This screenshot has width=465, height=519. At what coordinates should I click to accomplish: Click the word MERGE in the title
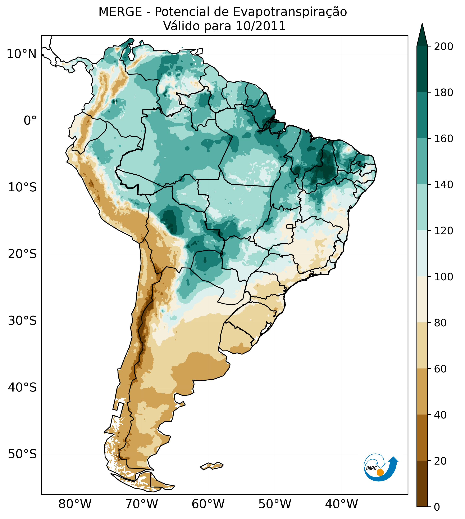pos(120,12)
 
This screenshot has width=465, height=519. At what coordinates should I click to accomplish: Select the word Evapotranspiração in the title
pos(290,12)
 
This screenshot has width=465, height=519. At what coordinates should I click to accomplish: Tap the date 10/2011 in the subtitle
pos(260,26)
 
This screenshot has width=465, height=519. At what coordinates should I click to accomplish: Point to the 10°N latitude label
pos(22,54)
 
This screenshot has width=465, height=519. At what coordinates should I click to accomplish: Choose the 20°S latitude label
pos(22,254)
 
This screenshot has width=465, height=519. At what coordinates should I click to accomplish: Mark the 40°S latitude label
pos(22,388)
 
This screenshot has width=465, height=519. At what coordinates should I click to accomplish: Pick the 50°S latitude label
pos(22,454)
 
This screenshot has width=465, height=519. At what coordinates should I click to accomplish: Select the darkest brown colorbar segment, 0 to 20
pos(422,483)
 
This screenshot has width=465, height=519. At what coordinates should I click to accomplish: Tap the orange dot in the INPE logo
pos(380,472)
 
